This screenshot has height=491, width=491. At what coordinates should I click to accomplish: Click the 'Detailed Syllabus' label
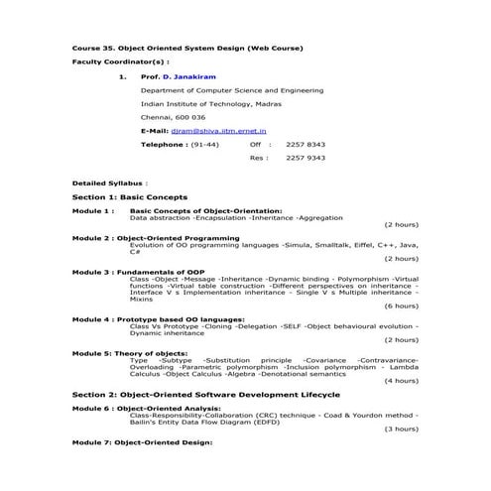coord(109,184)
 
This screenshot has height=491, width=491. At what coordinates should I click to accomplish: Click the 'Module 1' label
coord(93,210)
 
